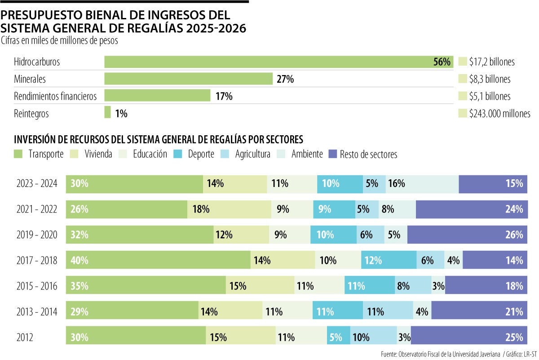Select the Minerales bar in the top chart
click(189, 79)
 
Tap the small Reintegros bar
click(107, 112)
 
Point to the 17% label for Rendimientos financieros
click(224, 96)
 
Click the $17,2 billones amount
click(492, 62)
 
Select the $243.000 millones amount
click(499, 114)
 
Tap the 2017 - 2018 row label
click(37, 260)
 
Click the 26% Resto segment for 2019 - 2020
click(467, 235)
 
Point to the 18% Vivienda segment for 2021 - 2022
click(229, 209)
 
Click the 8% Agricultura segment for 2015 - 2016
click(413, 286)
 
